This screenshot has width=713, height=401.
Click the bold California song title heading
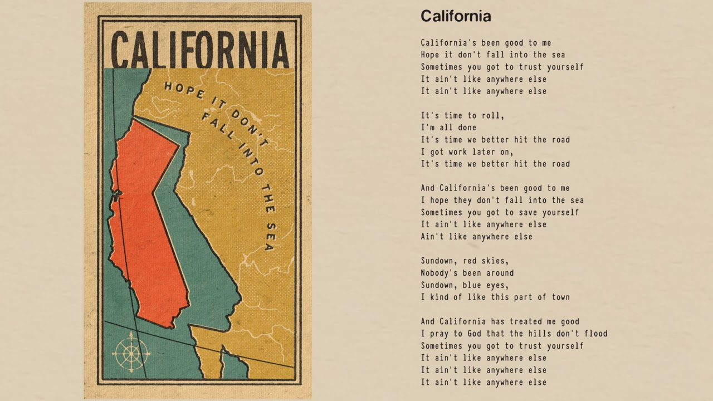coord(456,16)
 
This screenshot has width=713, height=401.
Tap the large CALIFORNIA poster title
coord(200,50)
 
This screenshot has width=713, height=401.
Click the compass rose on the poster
coord(131,352)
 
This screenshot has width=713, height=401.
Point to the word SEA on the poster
coord(269,236)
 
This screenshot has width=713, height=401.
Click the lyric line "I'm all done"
coord(448,128)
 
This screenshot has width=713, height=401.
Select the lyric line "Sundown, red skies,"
coord(465,261)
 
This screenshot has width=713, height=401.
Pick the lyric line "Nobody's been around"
coord(467,273)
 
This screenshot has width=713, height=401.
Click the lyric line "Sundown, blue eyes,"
coord(465,285)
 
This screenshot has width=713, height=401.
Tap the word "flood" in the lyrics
coord(595,334)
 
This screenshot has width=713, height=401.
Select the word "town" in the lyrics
coord(560,297)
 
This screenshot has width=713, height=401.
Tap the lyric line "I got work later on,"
coord(467,151)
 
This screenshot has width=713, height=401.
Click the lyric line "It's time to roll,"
coord(462,115)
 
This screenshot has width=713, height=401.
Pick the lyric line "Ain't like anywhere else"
coord(476,237)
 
